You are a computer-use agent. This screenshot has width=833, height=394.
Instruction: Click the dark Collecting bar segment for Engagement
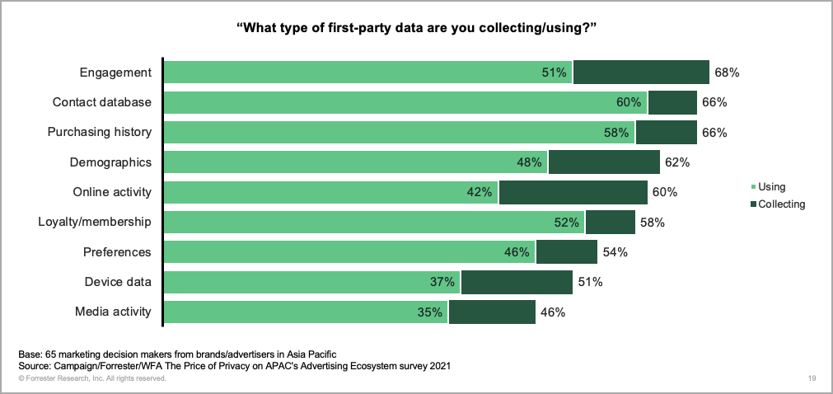641,73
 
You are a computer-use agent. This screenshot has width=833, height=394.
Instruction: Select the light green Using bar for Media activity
305,312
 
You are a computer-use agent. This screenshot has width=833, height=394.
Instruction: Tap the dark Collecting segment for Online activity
573,192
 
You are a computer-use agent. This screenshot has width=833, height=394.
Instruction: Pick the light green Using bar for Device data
311,282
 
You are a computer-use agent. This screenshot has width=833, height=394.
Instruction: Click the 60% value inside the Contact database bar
629,102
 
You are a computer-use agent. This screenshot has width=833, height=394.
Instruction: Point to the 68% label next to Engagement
727,73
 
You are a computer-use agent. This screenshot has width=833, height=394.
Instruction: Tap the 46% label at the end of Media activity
552,312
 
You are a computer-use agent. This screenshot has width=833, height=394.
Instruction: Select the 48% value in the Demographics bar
530,162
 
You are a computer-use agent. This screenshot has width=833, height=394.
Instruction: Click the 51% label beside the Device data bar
590,282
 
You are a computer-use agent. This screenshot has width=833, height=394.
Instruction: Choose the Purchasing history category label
100,132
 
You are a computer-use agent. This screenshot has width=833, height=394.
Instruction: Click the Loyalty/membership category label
95,222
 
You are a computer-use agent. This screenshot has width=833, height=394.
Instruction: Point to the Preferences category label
117,252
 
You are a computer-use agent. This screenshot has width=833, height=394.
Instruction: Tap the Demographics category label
111,162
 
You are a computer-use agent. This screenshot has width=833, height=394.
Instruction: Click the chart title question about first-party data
416,28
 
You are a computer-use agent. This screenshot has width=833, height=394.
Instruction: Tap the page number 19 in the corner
812,378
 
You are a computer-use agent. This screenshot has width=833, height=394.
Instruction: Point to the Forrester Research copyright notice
92,378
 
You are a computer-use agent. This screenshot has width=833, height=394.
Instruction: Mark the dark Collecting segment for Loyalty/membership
610,222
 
